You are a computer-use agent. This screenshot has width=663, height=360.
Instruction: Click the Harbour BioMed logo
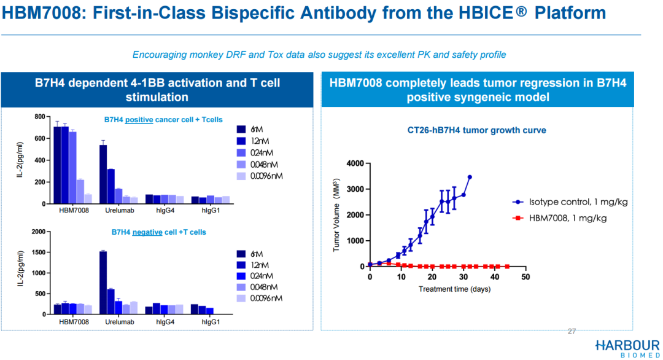coord(627,348)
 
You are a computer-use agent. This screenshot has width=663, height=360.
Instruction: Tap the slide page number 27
coord(572,332)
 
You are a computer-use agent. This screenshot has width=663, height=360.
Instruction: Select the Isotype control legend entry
coord(570,202)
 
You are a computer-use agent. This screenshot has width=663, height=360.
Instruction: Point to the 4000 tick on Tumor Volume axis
coord(355,163)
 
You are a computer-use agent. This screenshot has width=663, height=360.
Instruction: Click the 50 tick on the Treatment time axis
coord(525,277)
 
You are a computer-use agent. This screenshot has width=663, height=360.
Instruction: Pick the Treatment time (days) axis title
coord(454,289)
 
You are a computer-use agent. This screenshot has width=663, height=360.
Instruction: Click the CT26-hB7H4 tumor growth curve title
coord(476,130)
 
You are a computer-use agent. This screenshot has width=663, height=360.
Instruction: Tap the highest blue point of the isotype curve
coord(470,178)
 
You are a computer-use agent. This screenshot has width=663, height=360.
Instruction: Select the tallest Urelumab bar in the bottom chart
coord(103,283)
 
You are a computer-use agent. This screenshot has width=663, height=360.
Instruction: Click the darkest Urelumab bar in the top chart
coord(103,174)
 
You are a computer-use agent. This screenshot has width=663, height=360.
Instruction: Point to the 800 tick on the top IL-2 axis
coord(40,117)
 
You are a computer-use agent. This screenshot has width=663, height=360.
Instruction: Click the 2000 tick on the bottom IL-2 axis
coord(39,232)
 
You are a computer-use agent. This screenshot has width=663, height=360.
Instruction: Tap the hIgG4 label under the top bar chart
coord(165,211)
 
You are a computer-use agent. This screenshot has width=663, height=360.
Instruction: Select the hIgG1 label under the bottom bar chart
coord(211,322)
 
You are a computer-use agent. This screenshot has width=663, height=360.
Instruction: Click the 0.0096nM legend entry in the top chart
coord(260,176)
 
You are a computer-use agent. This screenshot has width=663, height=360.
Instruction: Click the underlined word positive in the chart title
coord(139,120)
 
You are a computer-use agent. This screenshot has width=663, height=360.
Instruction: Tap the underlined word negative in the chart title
coord(147,232)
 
